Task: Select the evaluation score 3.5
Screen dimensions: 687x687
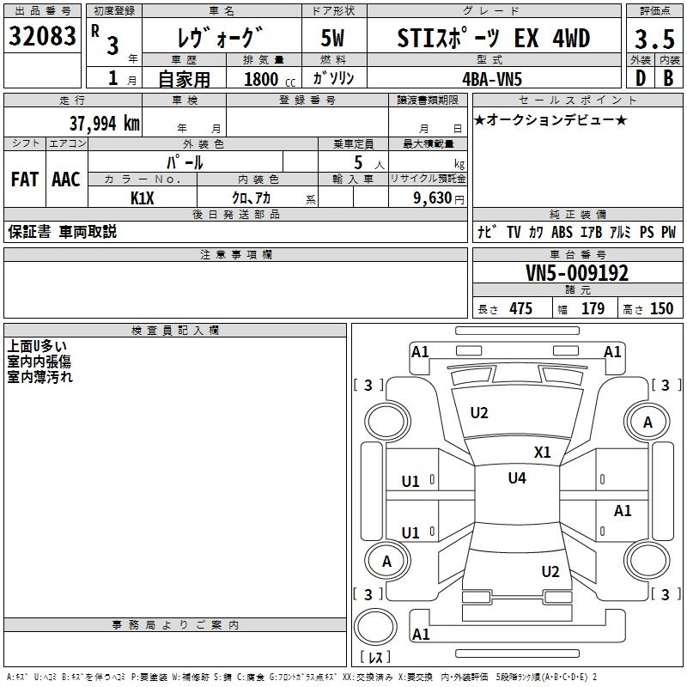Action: point(653,40)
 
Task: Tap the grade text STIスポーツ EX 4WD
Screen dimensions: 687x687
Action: point(495,38)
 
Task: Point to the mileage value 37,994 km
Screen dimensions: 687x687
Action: point(104,123)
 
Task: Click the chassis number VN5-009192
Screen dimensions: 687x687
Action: point(576,273)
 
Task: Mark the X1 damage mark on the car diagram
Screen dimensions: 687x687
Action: point(543,452)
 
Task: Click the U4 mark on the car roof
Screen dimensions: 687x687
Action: point(517,478)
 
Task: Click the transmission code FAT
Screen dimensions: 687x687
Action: point(24,179)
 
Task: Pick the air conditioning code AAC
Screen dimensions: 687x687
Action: point(66,179)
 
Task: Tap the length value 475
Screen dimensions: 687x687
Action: point(520,309)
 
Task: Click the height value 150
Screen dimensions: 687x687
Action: point(661,309)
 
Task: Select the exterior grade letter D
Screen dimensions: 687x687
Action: point(640,77)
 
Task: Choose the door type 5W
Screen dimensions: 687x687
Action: point(333,38)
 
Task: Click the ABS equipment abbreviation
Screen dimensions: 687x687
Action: point(562,233)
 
